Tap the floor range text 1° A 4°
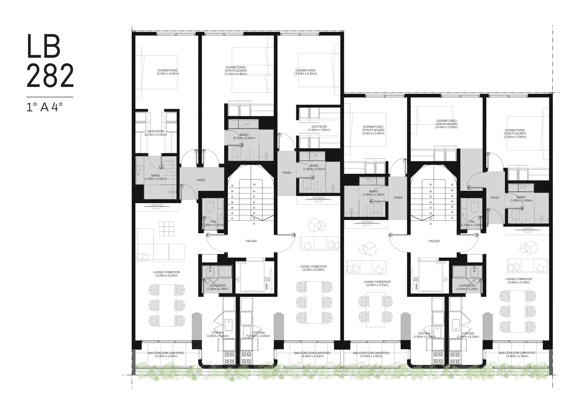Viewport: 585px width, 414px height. point(45,107)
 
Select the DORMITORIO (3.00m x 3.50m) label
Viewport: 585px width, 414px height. point(168,72)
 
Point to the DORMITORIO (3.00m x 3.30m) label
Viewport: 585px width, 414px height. point(306,72)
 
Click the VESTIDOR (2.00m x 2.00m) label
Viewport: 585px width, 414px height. point(156,133)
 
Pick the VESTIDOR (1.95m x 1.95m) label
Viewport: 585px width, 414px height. point(319,128)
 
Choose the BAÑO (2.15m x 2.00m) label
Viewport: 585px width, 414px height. point(244,136)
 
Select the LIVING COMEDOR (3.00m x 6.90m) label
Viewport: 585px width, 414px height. point(313,268)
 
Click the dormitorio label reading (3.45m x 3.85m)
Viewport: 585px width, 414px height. point(236,71)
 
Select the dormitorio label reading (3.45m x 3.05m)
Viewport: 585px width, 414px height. point(447,124)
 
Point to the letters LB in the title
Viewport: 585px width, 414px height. point(44,46)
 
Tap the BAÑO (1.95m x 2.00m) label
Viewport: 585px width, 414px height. point(314,167)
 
